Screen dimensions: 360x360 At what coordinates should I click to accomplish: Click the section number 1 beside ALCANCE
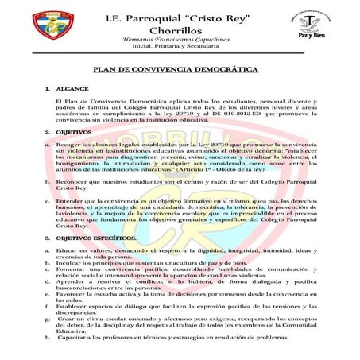point(47,91)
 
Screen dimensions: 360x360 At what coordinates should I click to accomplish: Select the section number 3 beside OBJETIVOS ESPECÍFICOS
point(47,238)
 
